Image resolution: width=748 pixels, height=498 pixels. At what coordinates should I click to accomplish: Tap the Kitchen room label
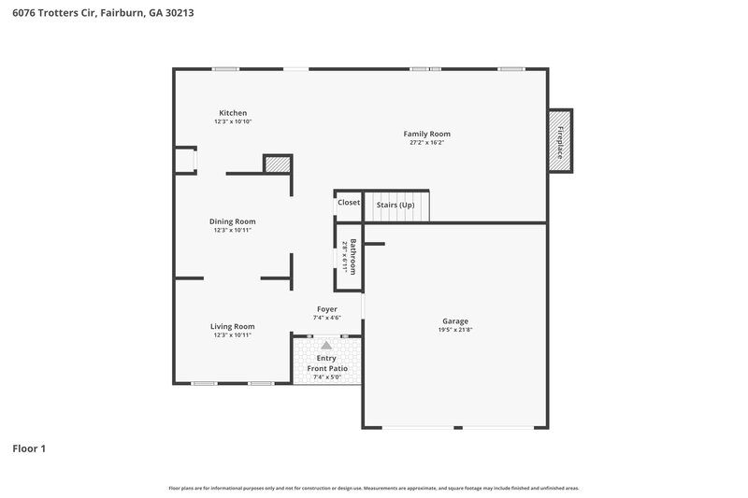233,113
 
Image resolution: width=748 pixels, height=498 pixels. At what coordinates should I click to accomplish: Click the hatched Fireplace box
560,140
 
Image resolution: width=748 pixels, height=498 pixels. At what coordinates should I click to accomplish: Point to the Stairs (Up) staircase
396,205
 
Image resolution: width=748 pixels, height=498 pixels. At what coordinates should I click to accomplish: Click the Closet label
349,203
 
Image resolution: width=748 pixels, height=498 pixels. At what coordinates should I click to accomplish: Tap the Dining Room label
233,221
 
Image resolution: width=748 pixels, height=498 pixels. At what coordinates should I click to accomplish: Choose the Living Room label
232,326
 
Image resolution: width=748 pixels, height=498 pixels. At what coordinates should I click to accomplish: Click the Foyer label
326,308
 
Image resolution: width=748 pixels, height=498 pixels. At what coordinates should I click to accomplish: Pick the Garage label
455,321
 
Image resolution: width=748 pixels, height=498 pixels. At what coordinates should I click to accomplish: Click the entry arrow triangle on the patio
326,345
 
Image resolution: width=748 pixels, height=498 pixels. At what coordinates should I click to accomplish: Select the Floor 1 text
29,448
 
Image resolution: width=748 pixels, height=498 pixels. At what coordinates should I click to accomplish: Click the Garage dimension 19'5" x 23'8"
455,330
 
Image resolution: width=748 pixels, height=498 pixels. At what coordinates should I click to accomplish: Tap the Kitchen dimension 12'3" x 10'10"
233,121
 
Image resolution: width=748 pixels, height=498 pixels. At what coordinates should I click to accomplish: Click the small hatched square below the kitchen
278,164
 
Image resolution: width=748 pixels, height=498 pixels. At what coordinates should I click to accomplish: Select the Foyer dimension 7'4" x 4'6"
326,318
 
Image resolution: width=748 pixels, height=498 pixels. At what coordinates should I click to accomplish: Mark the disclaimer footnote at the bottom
373,488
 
